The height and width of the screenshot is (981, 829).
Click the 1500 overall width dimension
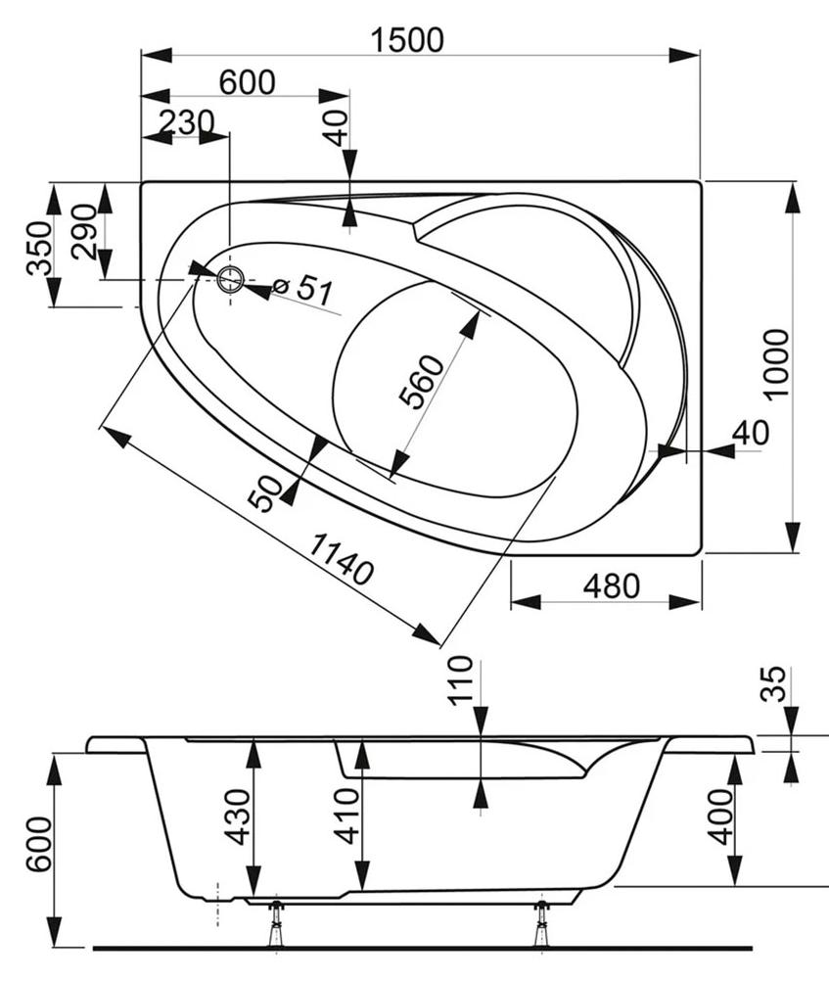click(x=407, y=39)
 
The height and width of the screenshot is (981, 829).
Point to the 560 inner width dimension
click(x=422, y=381)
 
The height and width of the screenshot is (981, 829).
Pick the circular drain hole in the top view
click(x=230, y=279)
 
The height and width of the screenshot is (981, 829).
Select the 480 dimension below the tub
click(x=612, y=586)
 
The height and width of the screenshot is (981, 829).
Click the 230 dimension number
click(x=186, y=122)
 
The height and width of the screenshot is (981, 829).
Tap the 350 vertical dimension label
click(x=39, y=248)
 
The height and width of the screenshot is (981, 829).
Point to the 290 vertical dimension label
click(x=84, y=231)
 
